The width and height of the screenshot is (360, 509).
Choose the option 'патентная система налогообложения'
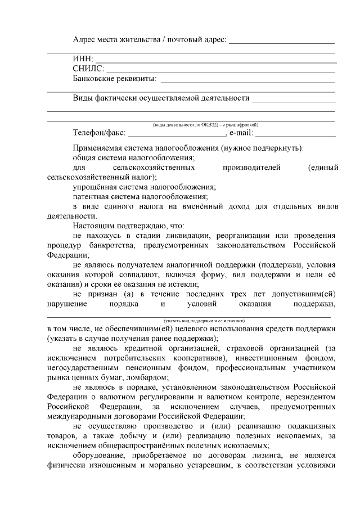click(140, 196)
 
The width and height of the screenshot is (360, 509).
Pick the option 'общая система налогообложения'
click(134, 157)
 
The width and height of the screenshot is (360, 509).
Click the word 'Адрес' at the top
click(85, 39)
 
